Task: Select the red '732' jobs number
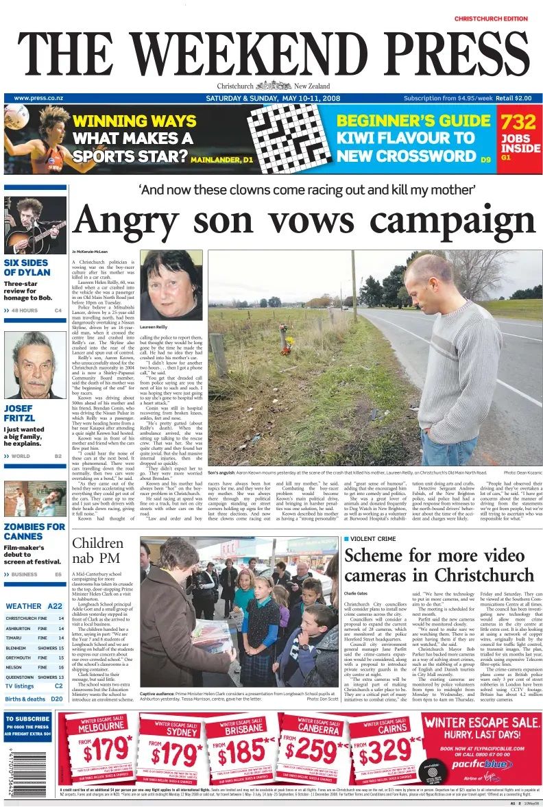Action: [518, 123]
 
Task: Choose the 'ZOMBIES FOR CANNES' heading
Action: [34, 532]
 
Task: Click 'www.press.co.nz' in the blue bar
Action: [38, 98]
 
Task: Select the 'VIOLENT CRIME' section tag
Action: [374, 540]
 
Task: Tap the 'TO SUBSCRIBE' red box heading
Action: [28, 720]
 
